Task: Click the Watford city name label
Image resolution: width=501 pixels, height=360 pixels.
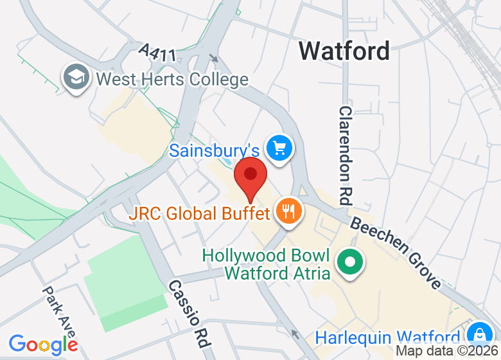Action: (344, 51)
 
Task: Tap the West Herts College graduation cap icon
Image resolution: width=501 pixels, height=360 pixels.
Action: (75, 78)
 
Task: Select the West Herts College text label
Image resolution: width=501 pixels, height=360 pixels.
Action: (171, 80)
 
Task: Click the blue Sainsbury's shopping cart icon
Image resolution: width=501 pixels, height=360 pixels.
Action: (279, 148)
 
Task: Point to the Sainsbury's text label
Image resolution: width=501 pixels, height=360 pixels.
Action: (215, 150)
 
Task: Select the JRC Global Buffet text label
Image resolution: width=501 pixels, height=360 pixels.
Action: (200, 213)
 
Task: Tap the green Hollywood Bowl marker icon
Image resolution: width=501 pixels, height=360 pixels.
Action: (351, 263)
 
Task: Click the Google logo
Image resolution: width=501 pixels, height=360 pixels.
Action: (43, 344)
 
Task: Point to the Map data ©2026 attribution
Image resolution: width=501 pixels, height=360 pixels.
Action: (447, 351)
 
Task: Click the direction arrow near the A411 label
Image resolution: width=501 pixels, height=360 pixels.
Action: (214, 58)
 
